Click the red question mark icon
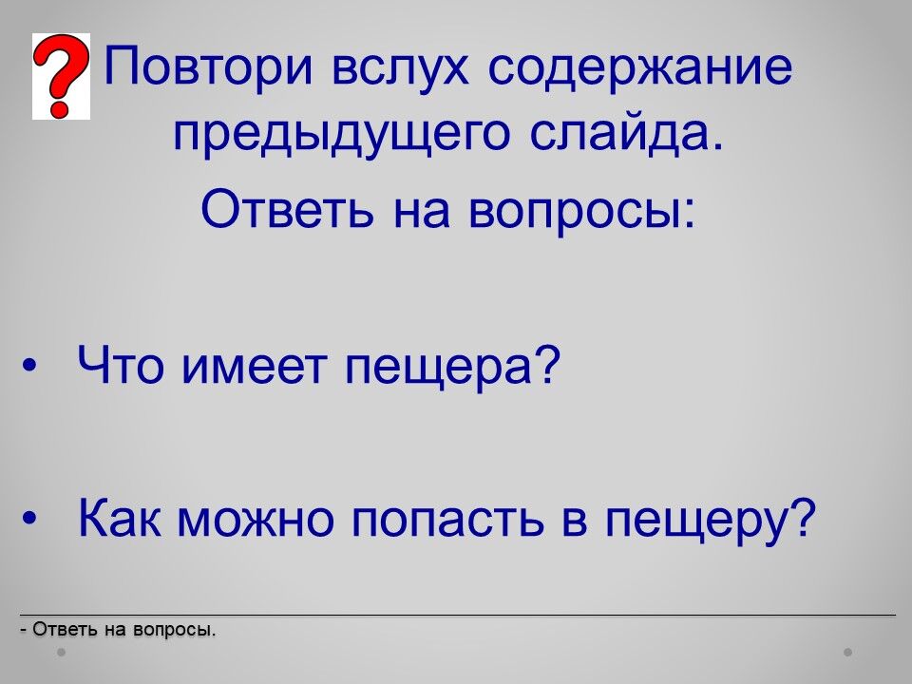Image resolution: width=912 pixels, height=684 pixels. point(61,76)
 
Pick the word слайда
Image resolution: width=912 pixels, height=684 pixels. point(628,133)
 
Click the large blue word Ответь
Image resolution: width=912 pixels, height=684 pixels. point(287,208)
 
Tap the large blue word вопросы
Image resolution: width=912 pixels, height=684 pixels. point(581,211)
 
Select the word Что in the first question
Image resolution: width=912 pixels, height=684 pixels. point(120,365)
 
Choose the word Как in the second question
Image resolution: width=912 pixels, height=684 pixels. point(120,517)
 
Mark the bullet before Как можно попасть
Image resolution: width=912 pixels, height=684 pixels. point(28,518)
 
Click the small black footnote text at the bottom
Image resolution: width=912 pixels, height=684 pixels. point(118,629)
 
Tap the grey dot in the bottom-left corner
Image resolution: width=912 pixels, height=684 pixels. point(61,653)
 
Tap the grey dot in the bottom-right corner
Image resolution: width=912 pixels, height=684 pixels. point(848,653)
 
